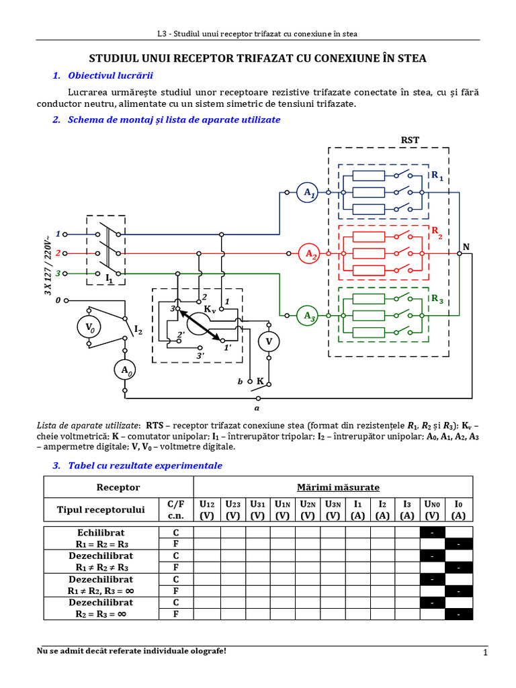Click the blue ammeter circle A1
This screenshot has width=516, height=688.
307,192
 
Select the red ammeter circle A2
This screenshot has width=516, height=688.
309,253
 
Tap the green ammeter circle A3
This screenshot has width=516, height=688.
307,316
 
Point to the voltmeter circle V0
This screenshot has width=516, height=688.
89,327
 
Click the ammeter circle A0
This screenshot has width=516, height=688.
125,370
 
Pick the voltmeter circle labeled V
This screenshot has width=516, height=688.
269,341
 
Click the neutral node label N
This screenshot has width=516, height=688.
466,247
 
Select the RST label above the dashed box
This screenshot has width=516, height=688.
410,140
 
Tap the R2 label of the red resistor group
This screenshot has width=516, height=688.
437,232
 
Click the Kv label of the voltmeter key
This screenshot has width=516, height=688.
210,308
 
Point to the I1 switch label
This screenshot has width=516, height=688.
110,277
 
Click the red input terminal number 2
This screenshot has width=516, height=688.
58,253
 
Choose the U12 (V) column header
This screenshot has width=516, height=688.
207,510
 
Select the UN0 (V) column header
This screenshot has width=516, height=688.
432,510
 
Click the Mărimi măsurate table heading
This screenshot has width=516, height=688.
338,487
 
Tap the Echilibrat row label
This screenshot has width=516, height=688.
101,533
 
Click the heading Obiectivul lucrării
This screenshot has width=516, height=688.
110,75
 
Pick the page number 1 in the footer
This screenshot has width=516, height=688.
485,652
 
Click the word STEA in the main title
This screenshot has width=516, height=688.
412,58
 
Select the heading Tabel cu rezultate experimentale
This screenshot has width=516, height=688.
145,466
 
